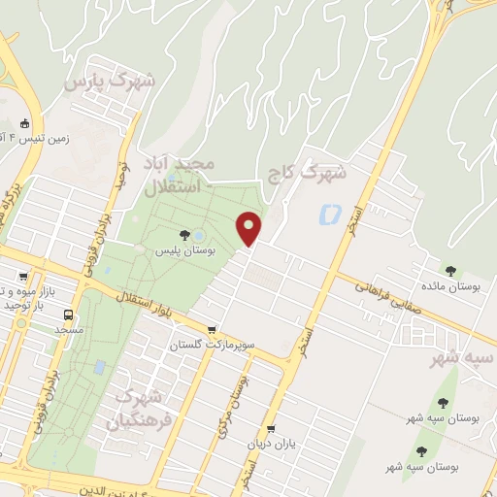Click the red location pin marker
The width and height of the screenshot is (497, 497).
[250, 229]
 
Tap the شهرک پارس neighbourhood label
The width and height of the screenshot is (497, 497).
[110, 82]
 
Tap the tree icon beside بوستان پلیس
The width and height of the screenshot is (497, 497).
[184, 234]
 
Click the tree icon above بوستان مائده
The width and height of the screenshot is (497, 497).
[449, 271]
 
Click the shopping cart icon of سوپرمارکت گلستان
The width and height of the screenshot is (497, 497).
[212, 329]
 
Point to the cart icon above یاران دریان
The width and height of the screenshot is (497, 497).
[271, 429]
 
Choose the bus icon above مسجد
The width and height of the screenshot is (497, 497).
[69, 315]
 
